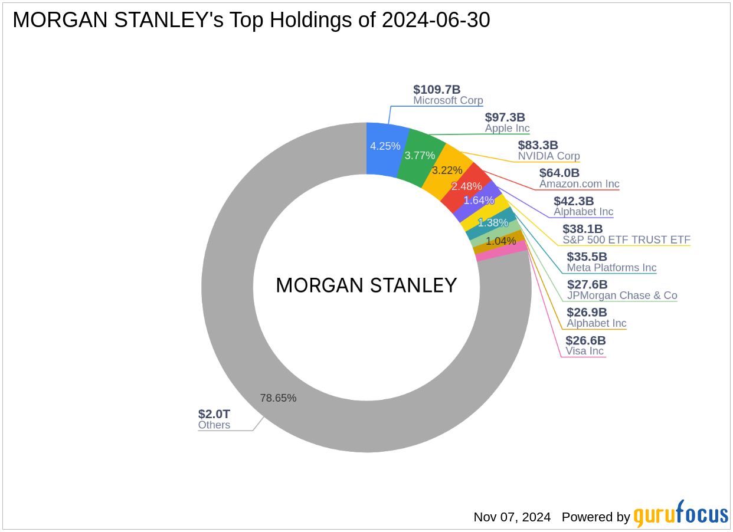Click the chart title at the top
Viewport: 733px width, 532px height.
pyautogui.click(x=251, y=21)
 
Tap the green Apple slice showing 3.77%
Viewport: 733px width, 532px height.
pyautogui.click(x=420, y=156)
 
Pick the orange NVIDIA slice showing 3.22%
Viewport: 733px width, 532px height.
pyautogui.click(x=447, y=170)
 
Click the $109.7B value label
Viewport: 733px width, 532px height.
pyautogui.click(x=437, y=90)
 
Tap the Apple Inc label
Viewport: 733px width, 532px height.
pyautogui.click(x=508, y=129)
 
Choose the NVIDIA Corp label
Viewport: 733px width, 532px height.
pyautogui.click(x=549, y=156)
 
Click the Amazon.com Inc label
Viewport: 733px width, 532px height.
pyautogui.click(x=580, y=184)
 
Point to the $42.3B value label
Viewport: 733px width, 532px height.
pyautogui.click(x=574, y=201)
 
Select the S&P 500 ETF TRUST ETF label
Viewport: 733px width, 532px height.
pyautogui.click(x=626, y=239)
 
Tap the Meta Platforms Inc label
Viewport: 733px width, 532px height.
pyautogui.click(x=611, y=268)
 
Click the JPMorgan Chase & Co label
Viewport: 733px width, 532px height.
pyautogui.click(x=622, y=295)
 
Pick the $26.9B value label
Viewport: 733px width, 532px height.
pyautogui.click(x=587, y=313)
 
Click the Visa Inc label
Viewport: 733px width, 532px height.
pyautogui.click(x=584, y=352)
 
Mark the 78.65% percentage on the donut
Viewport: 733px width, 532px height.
pyautogui.click(x=278, y=398)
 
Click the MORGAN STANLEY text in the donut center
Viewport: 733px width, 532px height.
pyautogui.click(x=366, y=285)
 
